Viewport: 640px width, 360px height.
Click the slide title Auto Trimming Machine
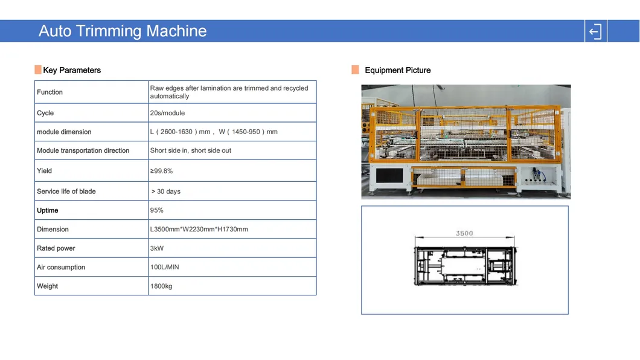click(123, 31)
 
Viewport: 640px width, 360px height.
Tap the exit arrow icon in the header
click(595, 31)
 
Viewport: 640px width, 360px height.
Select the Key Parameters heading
click(72, 70)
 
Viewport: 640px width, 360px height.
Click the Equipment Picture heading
click(397, 70)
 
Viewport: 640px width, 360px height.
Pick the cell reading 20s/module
click(167, 113)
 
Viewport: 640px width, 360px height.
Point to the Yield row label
click(44, 170)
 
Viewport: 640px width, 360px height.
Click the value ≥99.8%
click(161, 171)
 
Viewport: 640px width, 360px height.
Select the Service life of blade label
click(66, 191)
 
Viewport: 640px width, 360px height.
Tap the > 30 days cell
click(165, 191)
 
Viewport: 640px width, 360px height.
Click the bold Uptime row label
click(47, 210)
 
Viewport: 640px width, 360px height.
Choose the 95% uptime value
click(157, 210)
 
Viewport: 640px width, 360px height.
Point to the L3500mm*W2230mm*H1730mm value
click(199, 230)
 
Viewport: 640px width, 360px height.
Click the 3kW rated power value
click(157, 248)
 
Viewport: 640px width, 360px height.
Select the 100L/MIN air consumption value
click(164, 267)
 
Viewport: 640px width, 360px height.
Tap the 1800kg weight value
click(161, 286)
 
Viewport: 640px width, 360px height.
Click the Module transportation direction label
click(83, 150)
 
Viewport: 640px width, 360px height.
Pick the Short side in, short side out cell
click(191, 150)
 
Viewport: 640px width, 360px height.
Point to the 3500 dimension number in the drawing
click(464, 234)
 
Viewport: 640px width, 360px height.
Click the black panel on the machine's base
click(389, 176)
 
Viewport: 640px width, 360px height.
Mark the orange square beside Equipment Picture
click(355, 70)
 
